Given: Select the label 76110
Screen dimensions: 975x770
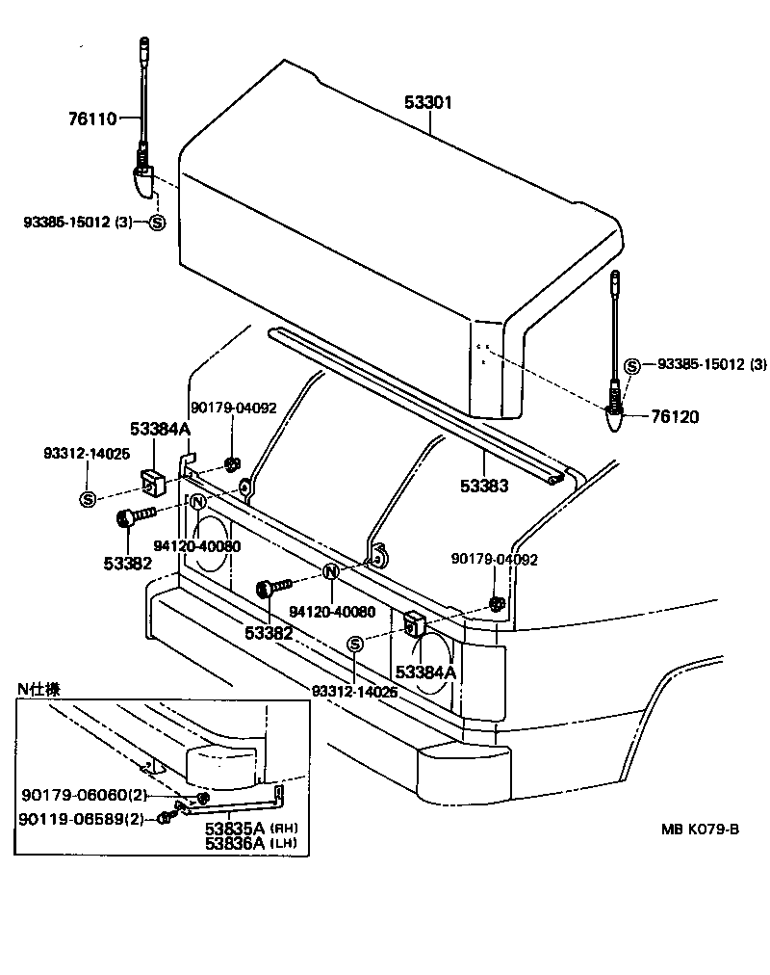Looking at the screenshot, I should click(x=91, y=119).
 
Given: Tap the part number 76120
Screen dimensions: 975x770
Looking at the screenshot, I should click(x=676, y=417).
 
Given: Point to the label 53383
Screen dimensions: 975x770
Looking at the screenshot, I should click(x=484, y=487).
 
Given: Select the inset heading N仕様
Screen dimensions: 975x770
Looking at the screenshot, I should click(x=39, y=689).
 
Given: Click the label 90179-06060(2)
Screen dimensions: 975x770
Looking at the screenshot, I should click(x=82, y=795).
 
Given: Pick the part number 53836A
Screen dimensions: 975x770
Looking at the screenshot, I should click(x=234, y=843).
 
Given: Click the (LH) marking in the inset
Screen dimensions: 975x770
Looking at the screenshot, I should click(x=283, y=843).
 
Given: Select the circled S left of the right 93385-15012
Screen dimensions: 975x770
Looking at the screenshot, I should click(x=632, y=365).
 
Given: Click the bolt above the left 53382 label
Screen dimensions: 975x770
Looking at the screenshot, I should click(x=134, y=518).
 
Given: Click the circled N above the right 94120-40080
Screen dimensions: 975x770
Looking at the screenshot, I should click(x=331, y=572).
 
